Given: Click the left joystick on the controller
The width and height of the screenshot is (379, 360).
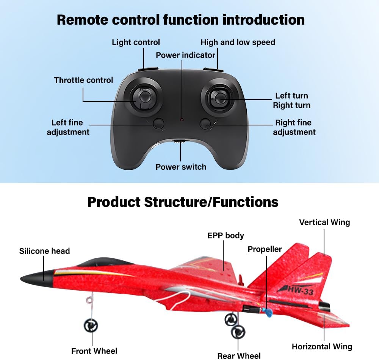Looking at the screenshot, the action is click(x=145, y=97).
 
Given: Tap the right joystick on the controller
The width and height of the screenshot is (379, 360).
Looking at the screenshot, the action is click(x=219, y=98).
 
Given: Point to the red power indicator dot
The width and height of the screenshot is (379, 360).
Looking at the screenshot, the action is click(x=182, y=120).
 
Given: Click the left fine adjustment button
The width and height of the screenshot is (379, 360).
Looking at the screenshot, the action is click(x=158, y=124).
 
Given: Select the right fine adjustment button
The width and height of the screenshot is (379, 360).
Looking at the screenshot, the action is click(x=205, y=124).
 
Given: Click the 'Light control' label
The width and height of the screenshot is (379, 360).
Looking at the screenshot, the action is click(x=136, y=42).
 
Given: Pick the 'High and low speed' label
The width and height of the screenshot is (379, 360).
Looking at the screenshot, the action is click(x=238, y=42).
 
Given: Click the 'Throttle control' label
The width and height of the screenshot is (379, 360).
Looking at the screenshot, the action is click(x=83, y=80).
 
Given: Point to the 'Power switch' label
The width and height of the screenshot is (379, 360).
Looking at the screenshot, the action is click(x=181, y=167).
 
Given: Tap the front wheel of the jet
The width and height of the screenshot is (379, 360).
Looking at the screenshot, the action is click(x=91, y=326).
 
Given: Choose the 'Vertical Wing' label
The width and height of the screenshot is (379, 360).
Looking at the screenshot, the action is click(x=324, y=222).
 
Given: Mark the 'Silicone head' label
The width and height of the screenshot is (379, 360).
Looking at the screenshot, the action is click(x=44, y=251).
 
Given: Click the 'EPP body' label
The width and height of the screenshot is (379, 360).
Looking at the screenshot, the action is click(x=226, y=236).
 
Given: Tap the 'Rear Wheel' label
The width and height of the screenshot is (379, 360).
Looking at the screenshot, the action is click(x=239, y=356).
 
